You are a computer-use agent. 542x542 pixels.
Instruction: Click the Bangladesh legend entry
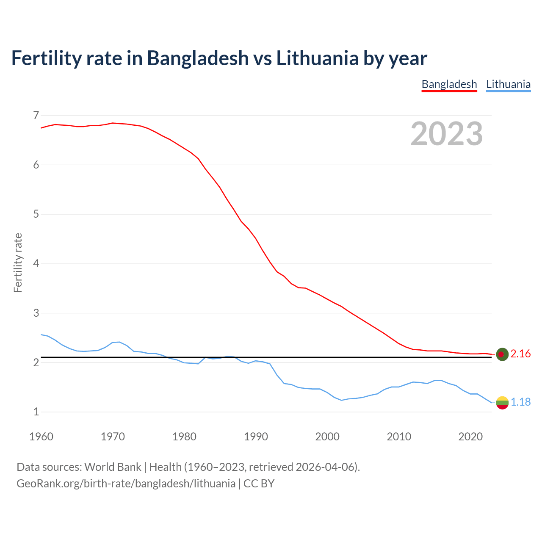point(449,84)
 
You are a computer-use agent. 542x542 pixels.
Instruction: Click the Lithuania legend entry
point(508,84)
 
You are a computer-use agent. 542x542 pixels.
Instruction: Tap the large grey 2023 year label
point(447,134)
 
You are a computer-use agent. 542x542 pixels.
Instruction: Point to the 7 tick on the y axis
point(36,115)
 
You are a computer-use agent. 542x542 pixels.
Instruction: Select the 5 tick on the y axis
point(36,214)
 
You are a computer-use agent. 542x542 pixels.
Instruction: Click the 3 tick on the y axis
point(36,313)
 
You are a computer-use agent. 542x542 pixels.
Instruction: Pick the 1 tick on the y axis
point(36,412)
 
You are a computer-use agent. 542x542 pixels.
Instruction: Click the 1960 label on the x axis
point(41,437)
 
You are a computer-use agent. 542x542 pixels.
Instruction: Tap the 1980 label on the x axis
point(184,437)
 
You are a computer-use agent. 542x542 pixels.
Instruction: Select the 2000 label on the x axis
point(327,437)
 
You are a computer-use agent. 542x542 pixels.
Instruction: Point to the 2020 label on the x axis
point(470,437)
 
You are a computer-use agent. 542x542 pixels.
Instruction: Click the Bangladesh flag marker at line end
point(502,354)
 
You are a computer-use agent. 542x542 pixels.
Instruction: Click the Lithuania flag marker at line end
point(502,403)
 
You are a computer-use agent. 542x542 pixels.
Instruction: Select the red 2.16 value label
point(520,354)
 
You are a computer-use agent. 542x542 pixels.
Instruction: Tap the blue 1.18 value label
point(520,402)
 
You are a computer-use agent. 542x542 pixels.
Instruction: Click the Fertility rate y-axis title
point(18,263)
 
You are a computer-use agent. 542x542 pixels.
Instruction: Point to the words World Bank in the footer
point(113,467)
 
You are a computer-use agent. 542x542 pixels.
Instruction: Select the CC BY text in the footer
point(259,484)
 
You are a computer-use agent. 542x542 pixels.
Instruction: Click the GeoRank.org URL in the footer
point(126,484)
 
